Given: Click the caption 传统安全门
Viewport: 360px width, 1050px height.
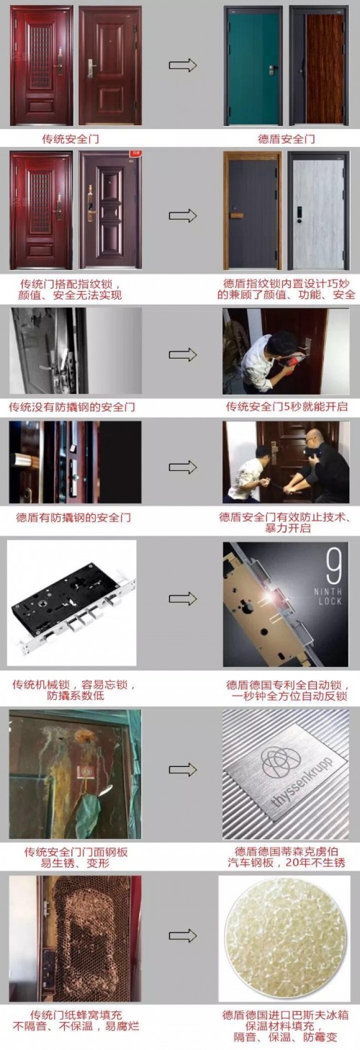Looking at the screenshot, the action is pos(71,139).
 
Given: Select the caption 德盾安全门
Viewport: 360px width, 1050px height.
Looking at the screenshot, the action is pos(287,139).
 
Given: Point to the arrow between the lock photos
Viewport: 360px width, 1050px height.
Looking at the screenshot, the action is pos(183,598).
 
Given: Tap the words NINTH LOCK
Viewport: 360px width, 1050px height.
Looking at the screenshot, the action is pos(328,596).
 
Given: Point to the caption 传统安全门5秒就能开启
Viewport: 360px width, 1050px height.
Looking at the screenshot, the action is pos(287,406).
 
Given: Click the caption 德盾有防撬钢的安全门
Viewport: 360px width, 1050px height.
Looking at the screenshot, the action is pos(73,518).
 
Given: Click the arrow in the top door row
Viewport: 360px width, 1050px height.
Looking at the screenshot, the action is pos(183,66).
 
